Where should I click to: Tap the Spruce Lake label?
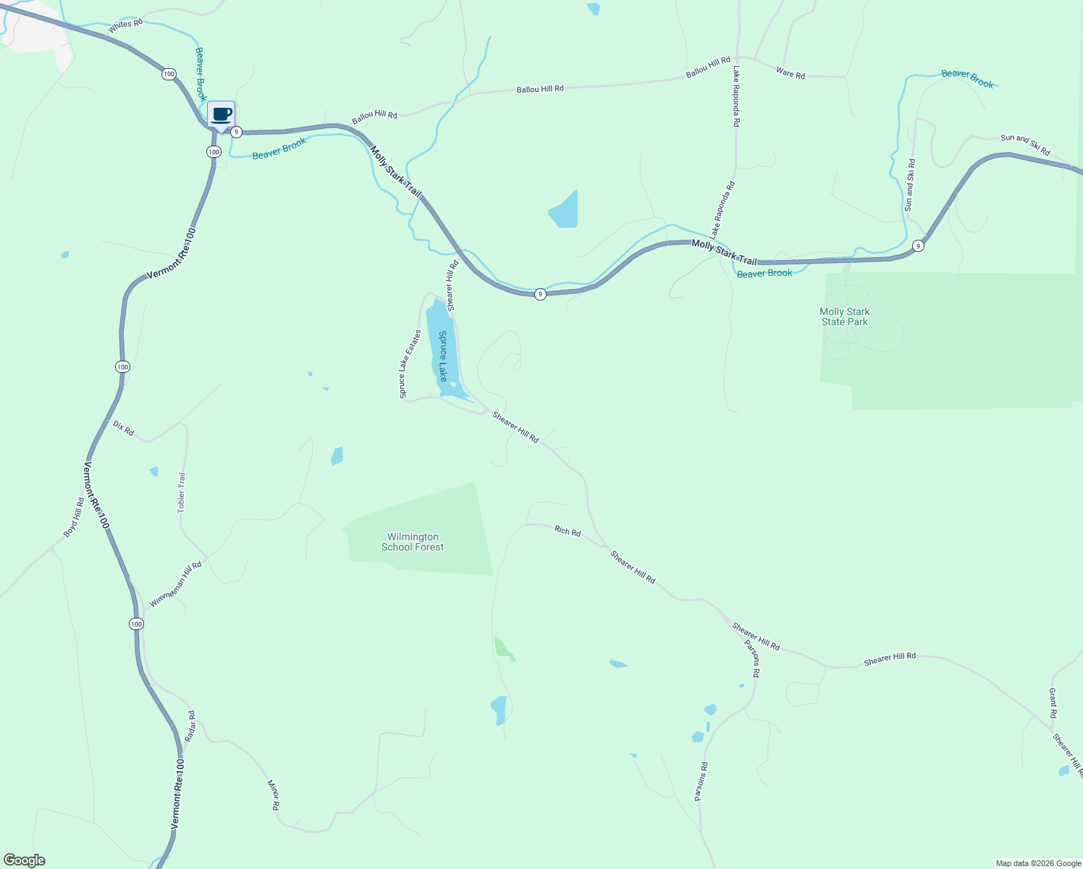coord(443,356)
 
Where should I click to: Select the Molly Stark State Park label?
coord(845,316)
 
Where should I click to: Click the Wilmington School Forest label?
coord(413,542)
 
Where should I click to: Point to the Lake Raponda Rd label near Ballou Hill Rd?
coord(736,96)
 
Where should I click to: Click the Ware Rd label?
coord(790,73)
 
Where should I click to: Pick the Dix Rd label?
coord(124,428)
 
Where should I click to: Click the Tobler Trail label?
coord(182,492)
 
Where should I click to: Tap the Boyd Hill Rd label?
coord(74,517)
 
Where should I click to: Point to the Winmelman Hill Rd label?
coord(175,584)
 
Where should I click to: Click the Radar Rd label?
coord(190,726)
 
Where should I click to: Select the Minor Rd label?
coord(274,794)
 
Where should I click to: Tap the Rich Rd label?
coord(568,532)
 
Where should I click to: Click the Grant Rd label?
coord(1053,702)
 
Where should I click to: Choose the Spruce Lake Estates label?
coord(410,364)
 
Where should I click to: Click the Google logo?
coord(25,860)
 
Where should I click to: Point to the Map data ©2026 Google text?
coord(1038,863)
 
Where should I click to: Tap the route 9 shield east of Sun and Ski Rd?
coord(918,245)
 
